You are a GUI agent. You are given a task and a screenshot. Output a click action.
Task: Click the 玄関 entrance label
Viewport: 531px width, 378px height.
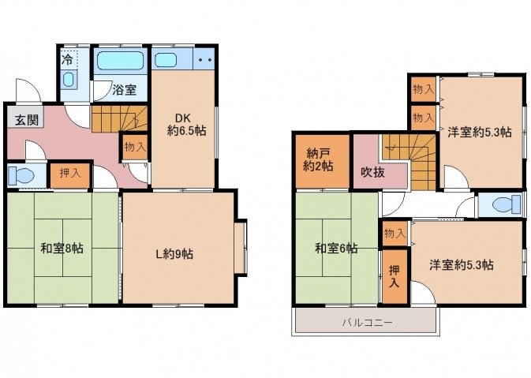pos(27,120)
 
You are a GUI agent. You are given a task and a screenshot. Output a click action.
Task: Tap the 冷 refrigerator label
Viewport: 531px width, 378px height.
pos(67,60)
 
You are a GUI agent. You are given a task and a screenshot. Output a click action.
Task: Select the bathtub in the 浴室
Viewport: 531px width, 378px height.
pos(120,61)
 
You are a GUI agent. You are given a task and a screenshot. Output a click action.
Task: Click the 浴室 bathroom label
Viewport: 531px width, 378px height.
pos(125,90)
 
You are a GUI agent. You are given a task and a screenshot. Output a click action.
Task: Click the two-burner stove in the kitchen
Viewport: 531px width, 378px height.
pos(204,60)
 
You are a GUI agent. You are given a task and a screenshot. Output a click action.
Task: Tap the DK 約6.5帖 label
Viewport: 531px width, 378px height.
pos(186,125)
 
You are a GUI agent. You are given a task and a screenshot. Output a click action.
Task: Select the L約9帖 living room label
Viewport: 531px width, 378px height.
pos(174,253)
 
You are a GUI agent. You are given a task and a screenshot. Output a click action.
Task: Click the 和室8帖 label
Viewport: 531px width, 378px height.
pos(62,249)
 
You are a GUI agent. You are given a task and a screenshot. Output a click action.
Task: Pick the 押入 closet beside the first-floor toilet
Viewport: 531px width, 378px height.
pos(70,174)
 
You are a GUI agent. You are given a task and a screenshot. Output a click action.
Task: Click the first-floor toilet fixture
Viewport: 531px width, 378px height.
pos(21,176)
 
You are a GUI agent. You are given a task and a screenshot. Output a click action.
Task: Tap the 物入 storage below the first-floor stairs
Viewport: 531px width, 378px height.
pos(135,148)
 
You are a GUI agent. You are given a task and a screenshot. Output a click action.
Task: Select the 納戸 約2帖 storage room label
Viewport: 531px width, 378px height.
pos(318,159)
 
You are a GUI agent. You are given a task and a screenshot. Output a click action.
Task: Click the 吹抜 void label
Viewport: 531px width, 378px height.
pos(373,172)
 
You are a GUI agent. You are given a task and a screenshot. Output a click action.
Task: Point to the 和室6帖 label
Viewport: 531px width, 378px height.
pos(336,249)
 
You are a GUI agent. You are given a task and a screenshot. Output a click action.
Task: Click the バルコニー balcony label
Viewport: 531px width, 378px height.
pos(367,322)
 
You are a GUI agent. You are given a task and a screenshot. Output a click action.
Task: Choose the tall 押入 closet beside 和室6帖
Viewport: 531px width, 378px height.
pos(395,276)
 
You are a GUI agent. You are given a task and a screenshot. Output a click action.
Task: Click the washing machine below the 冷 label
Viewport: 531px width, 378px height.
pos(69,80)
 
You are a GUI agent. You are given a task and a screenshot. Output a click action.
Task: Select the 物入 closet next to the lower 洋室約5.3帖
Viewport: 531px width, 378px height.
pos(395,233)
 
